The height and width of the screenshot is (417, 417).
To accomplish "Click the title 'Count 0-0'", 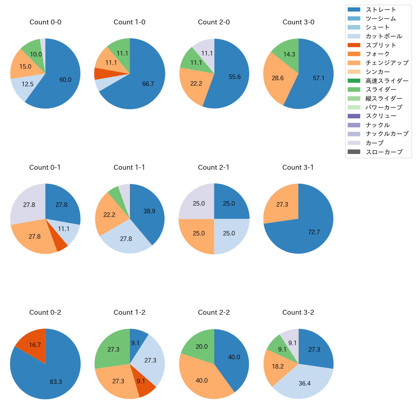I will pos(45,22).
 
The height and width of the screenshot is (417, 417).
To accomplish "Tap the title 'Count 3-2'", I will pos(298,312).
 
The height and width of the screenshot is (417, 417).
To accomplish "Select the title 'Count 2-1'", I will pos(214,167).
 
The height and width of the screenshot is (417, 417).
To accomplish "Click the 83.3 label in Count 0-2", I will pos(56,382).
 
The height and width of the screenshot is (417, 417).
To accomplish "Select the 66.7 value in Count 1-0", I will pos(148,84).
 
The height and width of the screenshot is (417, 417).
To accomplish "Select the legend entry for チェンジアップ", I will pos(387,63).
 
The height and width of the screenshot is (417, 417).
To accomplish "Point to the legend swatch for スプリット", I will pos(354,45).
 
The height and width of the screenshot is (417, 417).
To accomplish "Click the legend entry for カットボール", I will pos(384,36).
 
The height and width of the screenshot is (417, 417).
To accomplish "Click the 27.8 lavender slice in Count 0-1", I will pos(27,204).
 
